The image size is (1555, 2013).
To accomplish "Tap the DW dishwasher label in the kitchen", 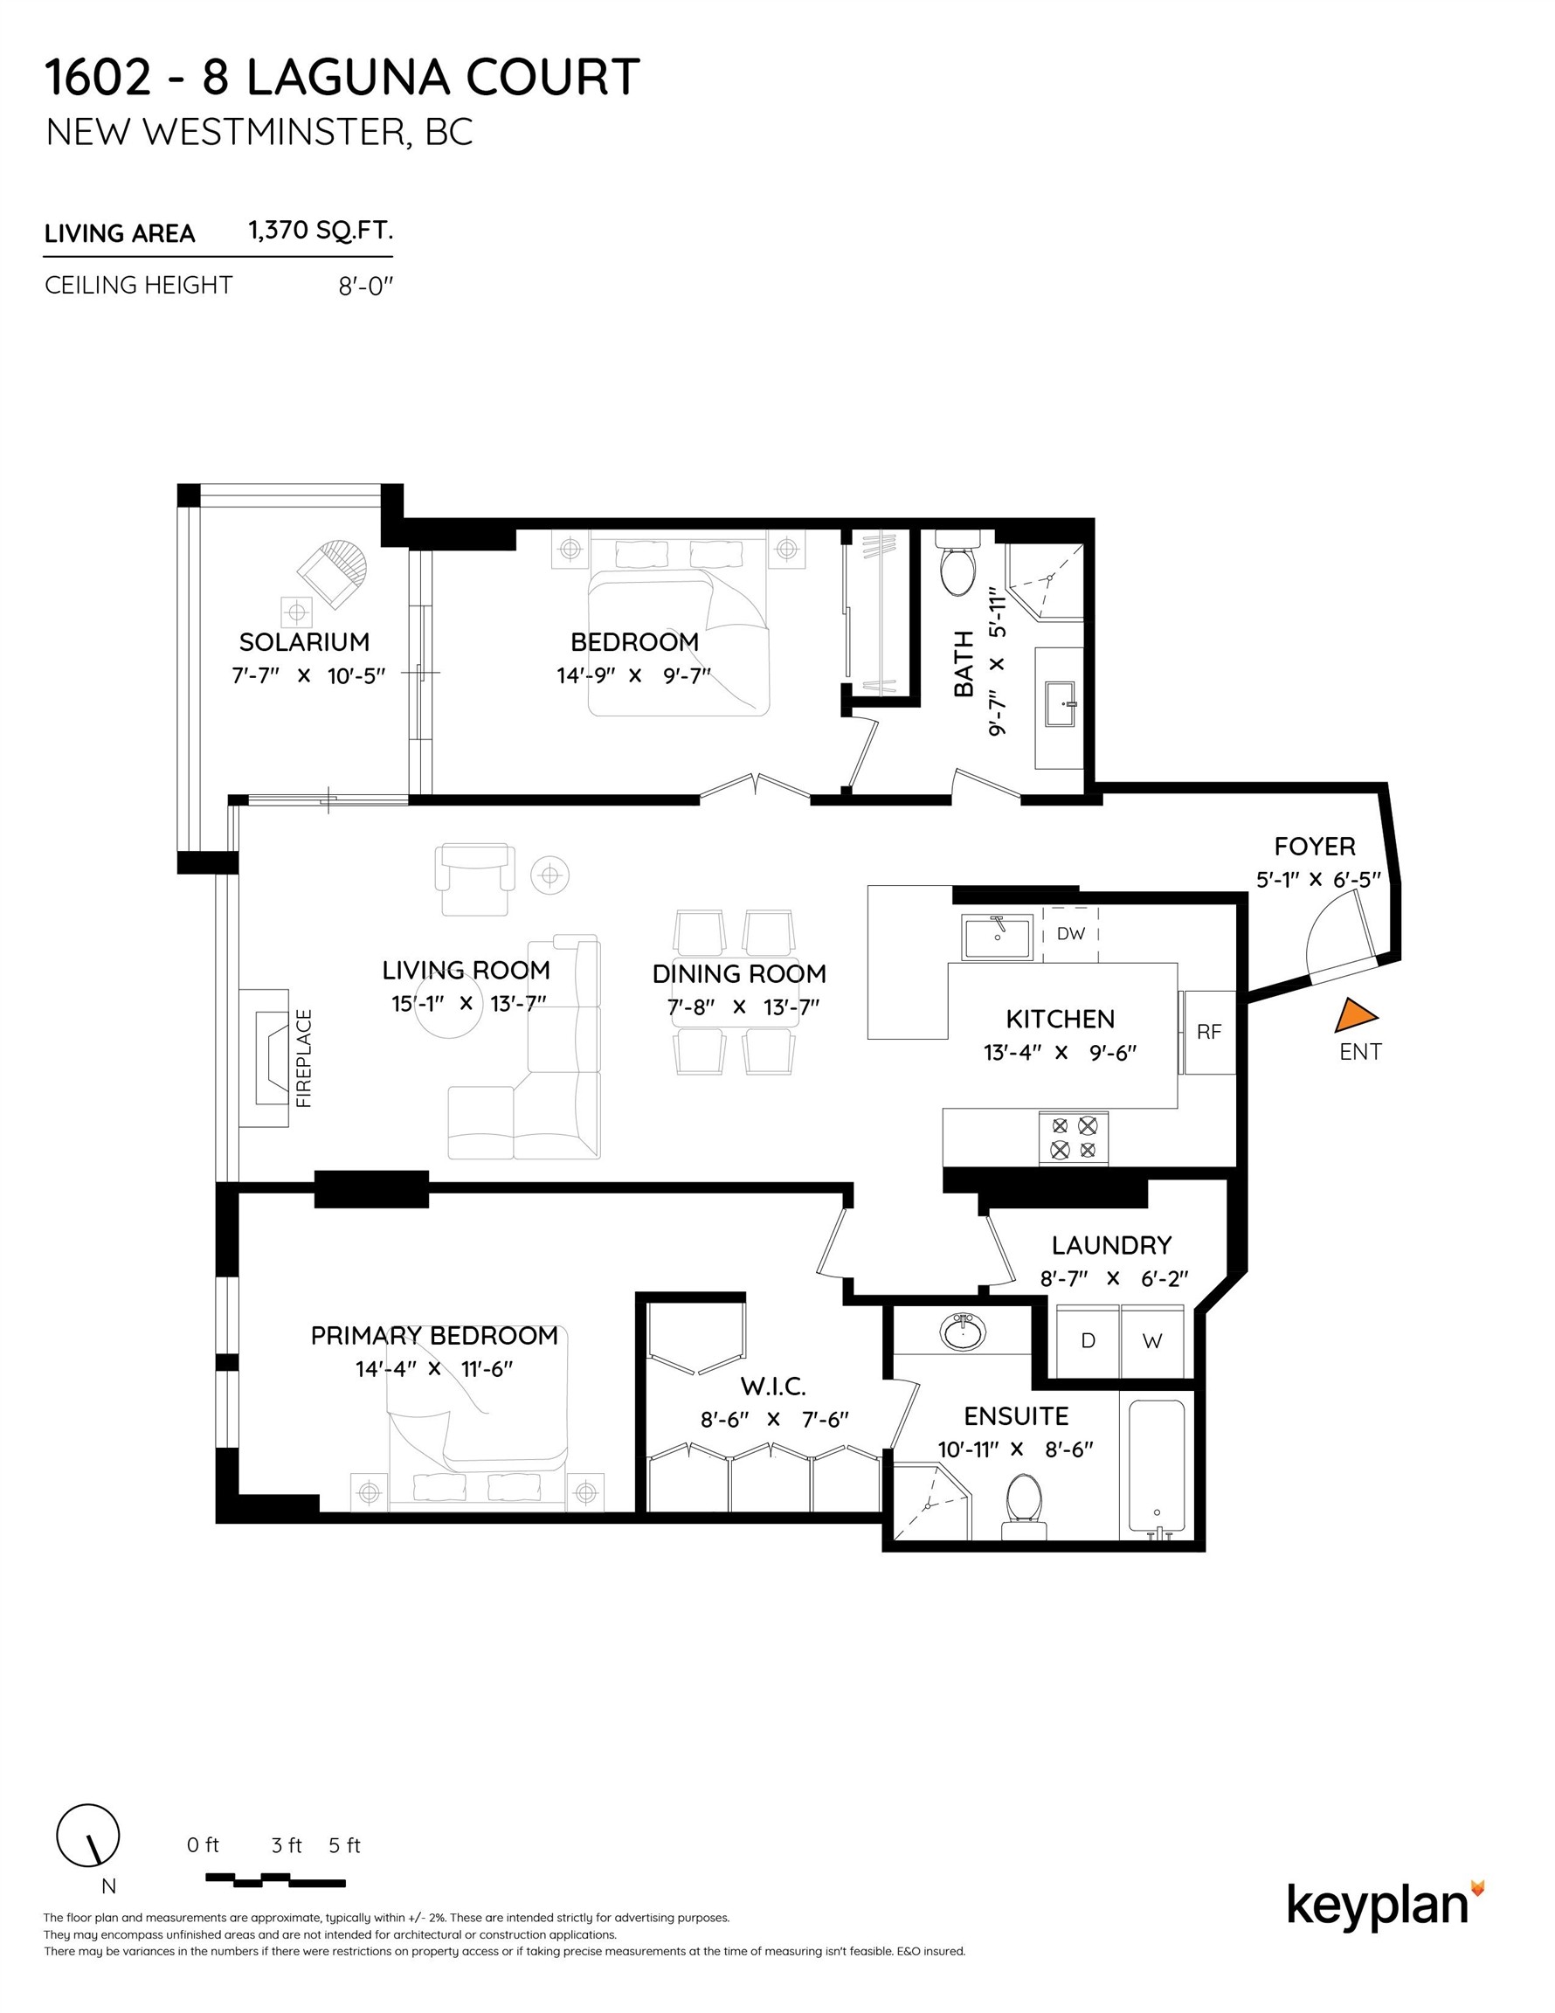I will (x=1070, y=934).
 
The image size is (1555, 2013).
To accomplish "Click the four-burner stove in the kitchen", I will (x=1074, y=1138).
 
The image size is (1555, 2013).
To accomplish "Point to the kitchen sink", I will (x=999, y=938).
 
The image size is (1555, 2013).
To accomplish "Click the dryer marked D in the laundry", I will (x=1088, y=1341).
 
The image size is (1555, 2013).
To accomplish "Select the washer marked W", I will (x=1152, y=1341).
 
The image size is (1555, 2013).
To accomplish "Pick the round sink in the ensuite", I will (x=963, y=1332).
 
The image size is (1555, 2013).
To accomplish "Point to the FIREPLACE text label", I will (x=304, y=1058).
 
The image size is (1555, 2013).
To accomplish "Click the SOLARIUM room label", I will (x=304, y=641).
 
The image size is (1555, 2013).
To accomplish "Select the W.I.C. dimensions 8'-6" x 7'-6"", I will (x=773, y=1420).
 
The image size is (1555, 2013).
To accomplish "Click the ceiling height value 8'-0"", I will (x=365, y=287).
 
